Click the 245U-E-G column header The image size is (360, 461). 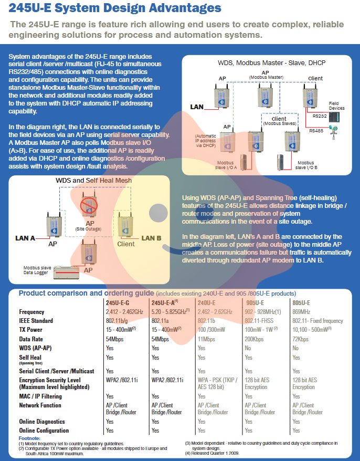pos(117,303)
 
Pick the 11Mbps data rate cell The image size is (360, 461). pos(207,339)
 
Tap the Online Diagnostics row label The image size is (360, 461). pos(42,422)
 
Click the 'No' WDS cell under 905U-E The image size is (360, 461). pos(248,348)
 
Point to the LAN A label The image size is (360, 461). pos(25,238)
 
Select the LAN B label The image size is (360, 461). pos(151,238)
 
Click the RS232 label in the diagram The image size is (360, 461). pos(319,116)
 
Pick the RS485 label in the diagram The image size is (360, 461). pos(316,131)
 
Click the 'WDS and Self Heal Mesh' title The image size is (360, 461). pos(94,181)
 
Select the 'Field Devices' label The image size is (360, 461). pos(336,106)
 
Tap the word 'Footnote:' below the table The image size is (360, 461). pos(29,438)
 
